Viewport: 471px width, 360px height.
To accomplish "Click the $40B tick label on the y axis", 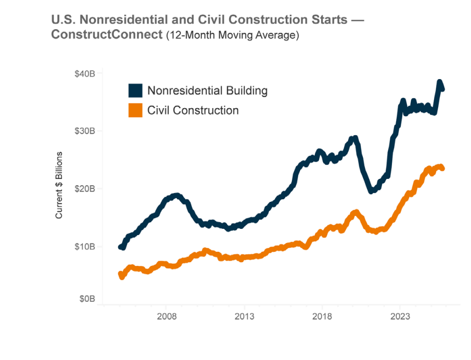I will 85,73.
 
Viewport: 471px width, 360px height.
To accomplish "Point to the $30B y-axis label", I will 85,131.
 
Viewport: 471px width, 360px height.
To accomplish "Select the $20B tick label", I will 85,188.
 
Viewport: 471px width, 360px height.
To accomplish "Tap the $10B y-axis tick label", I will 85,246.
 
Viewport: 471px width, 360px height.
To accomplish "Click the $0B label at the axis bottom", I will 86,299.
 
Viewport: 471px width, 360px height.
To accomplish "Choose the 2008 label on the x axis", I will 166,316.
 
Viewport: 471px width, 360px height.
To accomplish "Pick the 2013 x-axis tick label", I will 244,316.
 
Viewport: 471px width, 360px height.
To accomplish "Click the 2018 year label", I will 322,316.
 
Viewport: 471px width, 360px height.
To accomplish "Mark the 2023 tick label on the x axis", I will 400,316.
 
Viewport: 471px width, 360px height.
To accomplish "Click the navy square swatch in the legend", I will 135,91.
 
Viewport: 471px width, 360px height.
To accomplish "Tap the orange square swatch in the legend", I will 135,110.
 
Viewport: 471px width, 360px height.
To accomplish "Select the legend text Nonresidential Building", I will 207,91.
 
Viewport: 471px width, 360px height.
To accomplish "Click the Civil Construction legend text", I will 193,110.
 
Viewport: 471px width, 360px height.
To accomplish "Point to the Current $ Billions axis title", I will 59,185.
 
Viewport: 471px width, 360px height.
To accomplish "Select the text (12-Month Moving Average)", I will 232,35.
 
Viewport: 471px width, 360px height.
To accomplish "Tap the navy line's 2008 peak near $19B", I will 176,196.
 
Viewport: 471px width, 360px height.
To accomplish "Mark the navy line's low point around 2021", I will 371,191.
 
